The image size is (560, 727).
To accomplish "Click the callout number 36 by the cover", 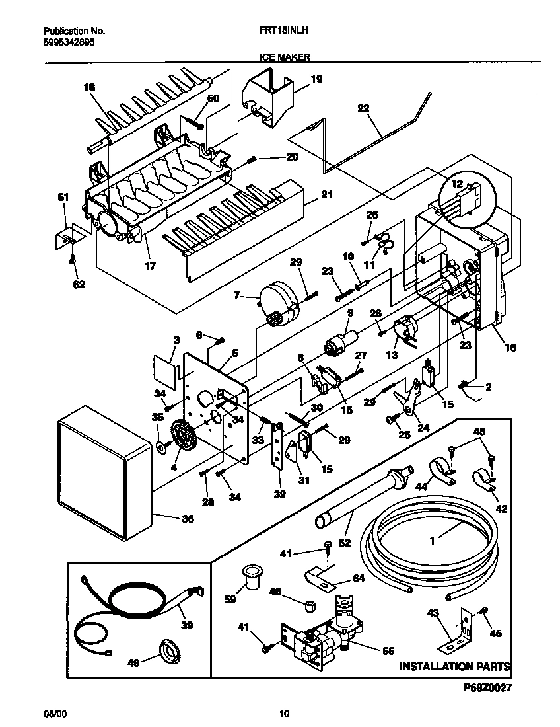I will click(x=188, y=519).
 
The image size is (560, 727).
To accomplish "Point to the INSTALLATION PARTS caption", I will click(x=454, y=666).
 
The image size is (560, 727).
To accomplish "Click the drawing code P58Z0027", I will click(x=487, y=688).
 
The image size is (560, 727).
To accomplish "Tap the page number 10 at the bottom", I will click(x=283, y=713).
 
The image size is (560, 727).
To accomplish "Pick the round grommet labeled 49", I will click(x=168, y=653).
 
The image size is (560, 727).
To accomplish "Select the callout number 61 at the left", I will click(x=63, y=196).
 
